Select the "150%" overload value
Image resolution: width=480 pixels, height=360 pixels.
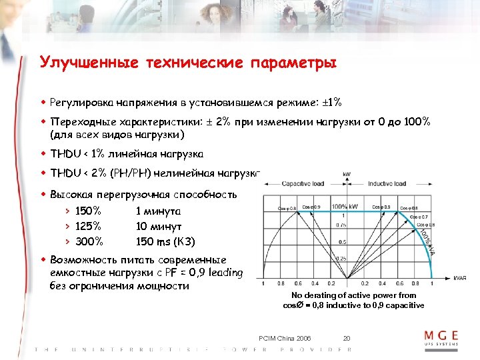[89, 211]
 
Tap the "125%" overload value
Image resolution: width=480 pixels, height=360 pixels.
[89, 226]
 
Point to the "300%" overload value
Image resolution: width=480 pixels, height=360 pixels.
[89, 241]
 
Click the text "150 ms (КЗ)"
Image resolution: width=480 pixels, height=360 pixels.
[165, 241]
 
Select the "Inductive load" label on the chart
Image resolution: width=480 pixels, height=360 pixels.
[389, 183]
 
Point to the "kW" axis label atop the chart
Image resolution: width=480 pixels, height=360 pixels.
[347, 175]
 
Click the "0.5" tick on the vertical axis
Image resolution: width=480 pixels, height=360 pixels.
[343, 241]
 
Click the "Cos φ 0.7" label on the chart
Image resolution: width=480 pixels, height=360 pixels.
[419, 217]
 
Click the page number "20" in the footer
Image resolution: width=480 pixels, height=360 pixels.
[346, 337]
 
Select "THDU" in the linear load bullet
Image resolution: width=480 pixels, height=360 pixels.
[65, 154]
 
